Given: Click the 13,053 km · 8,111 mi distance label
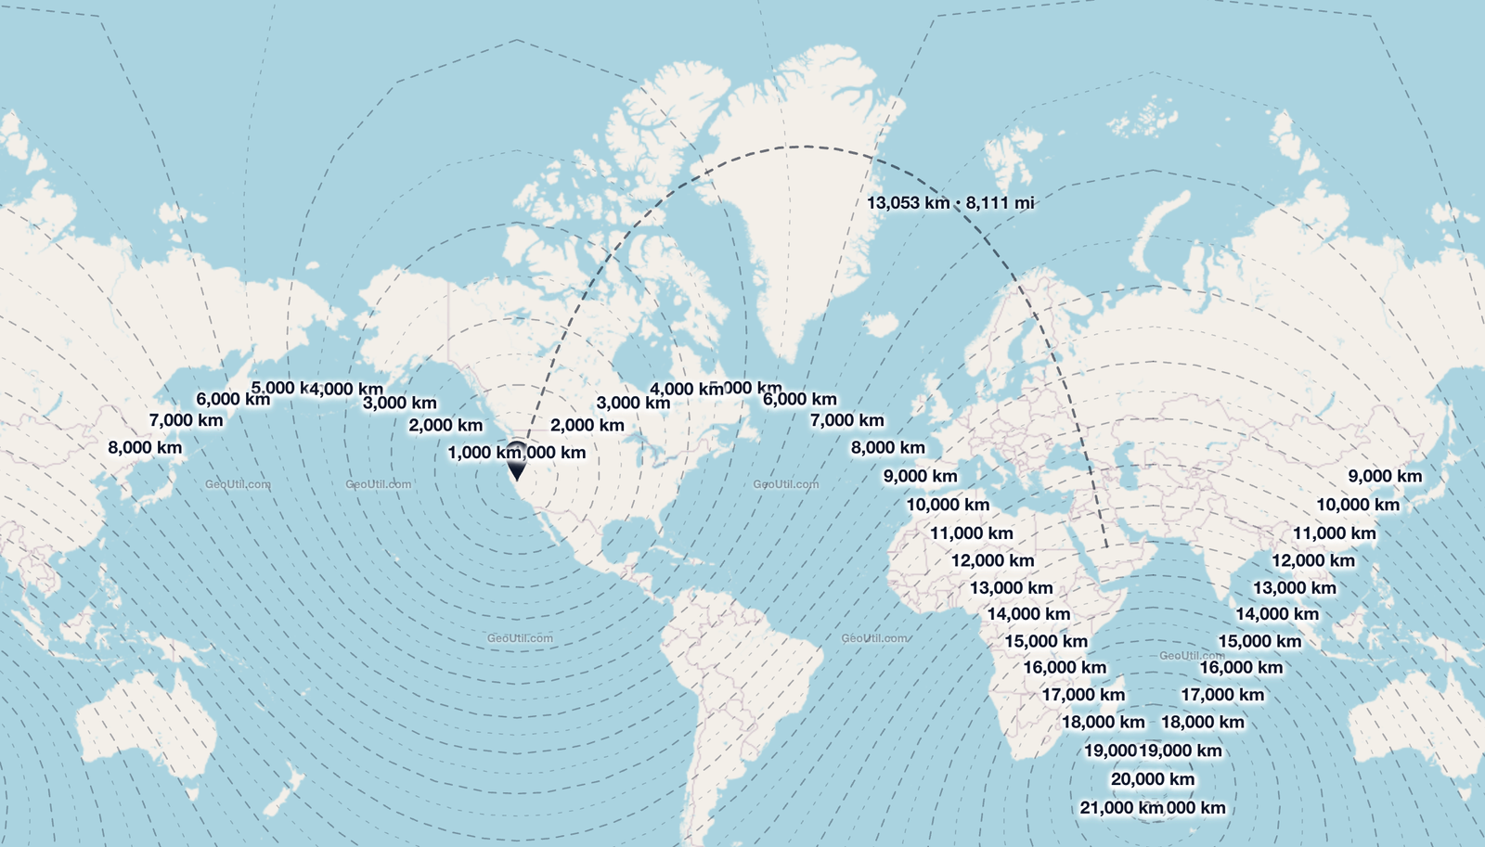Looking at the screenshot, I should [x=949, y=202].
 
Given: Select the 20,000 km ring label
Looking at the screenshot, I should [x=1152, y=779].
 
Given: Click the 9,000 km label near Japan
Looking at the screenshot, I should [x=1384, y=476].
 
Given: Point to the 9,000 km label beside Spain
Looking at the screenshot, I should [x=920, y=476].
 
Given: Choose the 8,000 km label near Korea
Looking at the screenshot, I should [x=145, y=447].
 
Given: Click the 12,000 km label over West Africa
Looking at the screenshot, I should [x=992, y=560].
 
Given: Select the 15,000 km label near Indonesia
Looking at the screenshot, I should [x=1259, y=641].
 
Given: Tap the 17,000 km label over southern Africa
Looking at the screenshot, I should [x=1082, y=695].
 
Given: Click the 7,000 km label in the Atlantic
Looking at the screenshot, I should [x=846, y=420].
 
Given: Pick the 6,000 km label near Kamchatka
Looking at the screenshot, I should [x=232, y=399].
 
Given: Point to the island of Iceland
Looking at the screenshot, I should [x=880, y=324].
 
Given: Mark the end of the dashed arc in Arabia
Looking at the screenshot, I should [x=1107, y=546].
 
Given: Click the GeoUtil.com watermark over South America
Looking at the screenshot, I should [x=520, y=638].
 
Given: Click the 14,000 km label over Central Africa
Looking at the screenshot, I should [x=1028, y=614].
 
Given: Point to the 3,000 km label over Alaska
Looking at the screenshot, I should [x=399, y=403].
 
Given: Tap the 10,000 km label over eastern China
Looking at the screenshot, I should [x=1357, y=505].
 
